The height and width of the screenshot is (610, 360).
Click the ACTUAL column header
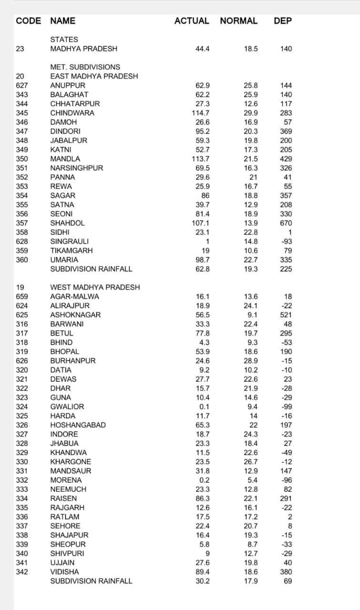pos(191,21)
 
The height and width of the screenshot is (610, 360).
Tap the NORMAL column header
pos(239,21)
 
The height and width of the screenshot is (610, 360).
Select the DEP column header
pos(283,21)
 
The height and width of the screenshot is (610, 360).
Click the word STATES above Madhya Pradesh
pos(64,40)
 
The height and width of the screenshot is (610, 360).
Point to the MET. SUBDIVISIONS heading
pos(85,67)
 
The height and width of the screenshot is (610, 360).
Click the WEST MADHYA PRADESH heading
pos(95,287)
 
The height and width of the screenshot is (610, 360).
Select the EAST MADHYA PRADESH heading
pos(94,76)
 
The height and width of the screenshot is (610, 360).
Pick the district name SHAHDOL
pos(68,223)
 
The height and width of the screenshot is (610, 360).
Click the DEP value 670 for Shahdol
pos(286,223)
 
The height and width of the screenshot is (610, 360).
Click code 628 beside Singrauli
pos(22,242)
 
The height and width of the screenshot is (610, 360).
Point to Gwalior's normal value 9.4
pos(252,407)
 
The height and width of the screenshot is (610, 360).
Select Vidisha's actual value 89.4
pos(202,572)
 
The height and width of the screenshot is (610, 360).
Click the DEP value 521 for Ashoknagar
pos(286,315)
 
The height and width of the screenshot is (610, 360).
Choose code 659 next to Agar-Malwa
pos(22,296)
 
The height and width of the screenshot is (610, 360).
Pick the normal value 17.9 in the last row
pos(251,581)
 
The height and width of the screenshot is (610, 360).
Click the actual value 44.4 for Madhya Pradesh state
pos(202,49)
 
